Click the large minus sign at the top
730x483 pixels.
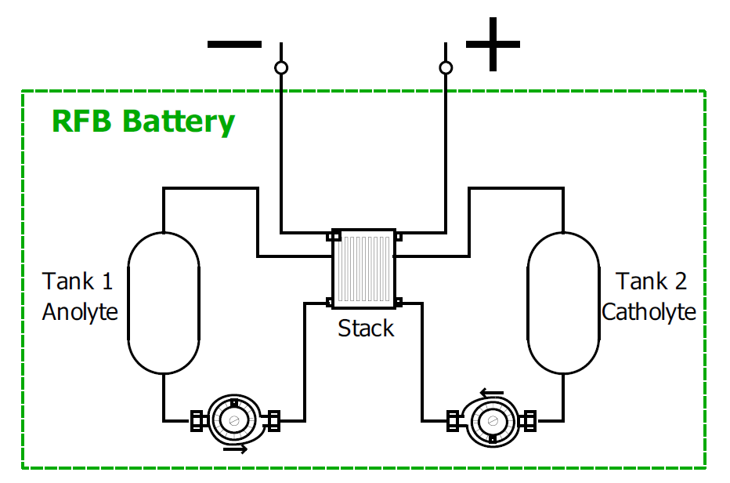click(x=234, y=44)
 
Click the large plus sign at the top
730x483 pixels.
click(x=493, y=44)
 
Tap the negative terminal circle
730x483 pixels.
click(x=281, y=68)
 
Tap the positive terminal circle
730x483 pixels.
click(x=446, y=68)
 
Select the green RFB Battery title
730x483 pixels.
click(x=143, y=122)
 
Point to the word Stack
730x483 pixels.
click(x=366, y=328)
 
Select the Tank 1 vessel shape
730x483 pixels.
click(x=163, y=303)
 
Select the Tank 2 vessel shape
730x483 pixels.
click(x=563, y=303)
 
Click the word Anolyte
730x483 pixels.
click(x=80, y=311)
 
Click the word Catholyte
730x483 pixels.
click(x=649, y=311)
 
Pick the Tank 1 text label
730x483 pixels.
click(x=78, y=281)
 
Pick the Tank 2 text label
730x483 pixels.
click(x=652, y=281)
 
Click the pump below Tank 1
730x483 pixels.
click(x=234, y=421)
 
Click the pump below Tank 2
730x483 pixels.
click(x=493, y=421)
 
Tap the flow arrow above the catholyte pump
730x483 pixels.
click(x=492, y=393)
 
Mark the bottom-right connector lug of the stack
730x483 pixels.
click(x=398, y=302)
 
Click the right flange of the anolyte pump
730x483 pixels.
click(x=274, y=421)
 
